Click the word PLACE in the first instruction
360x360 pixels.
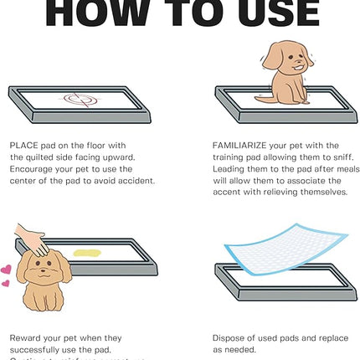(x=23, y=145)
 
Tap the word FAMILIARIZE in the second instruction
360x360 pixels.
(x=244, y=145)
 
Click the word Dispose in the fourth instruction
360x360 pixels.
(x=231, y=338)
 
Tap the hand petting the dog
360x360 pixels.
(x=32, y=241)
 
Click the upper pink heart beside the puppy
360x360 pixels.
(x=7, y=270)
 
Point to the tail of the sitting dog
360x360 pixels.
(x=262, y=98)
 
